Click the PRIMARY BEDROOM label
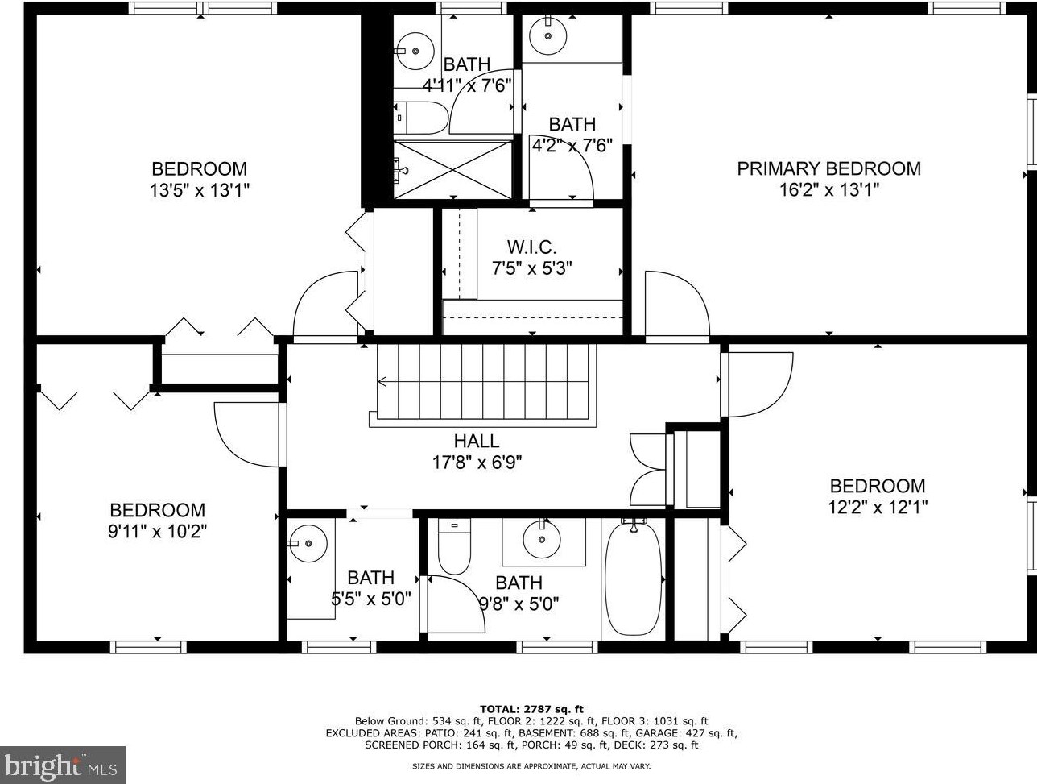click(829, 169)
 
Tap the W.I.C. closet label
click(532, 247)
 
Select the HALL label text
click(476, 441)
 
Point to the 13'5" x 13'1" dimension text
click(200, 191)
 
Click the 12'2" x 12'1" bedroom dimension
click(878, 508)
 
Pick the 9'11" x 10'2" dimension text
click(158, 532)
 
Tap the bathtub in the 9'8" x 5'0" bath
click(634, 579)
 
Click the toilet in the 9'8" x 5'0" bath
click(454, 545)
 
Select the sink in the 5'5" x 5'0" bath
click(308, 543)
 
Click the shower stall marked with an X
click(453, 169)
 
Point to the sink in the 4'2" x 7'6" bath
click(548, 35)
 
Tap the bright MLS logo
click(62, 765)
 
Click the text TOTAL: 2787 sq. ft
click(531, 709)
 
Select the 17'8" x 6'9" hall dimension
click(477, 462)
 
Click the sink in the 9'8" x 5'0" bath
click(542, 539)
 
